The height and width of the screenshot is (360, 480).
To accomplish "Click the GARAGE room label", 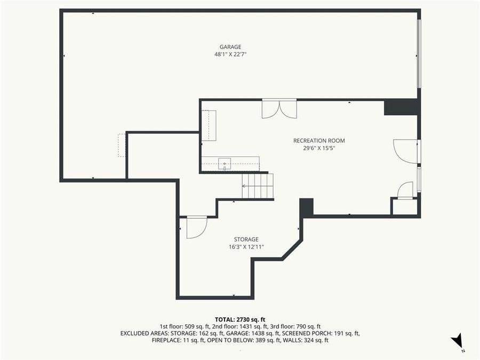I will [x=230, y=47].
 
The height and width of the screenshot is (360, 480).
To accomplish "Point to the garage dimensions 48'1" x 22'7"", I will [x=230, y=54].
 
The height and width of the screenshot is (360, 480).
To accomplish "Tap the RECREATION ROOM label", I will [x=319, y=141].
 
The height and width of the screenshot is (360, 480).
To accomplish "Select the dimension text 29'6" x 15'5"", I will [x=319, y=148].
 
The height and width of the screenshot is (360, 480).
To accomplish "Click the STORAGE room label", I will [x=246, y=239].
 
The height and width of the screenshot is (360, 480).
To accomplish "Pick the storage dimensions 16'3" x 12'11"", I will [x=246, y=247].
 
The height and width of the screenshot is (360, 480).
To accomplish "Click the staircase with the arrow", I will [x=257, y=186].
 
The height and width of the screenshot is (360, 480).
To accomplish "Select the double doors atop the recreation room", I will [x=279, y=109].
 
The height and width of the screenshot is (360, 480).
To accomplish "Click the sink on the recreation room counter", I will [x=225, y=163].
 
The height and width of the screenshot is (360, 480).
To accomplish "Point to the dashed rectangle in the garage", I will [x=122, y=145].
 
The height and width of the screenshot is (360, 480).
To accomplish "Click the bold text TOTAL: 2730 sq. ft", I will [x=239, y=319].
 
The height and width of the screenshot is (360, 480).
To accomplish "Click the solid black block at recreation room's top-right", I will [x=401, y=107].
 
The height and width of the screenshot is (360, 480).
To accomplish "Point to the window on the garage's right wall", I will [x=419, y=53].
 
